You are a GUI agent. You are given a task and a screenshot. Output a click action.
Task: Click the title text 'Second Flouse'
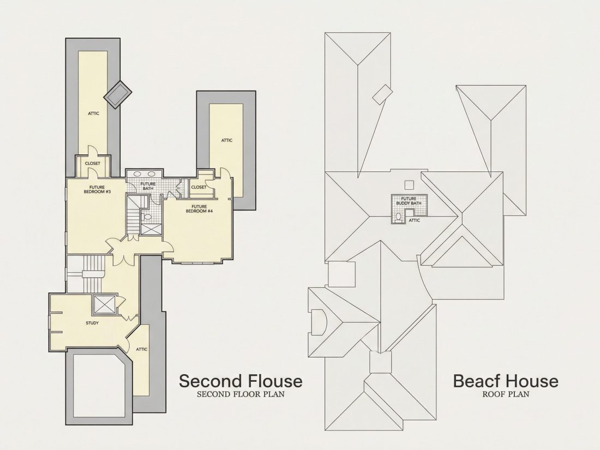click(x=241, y=381)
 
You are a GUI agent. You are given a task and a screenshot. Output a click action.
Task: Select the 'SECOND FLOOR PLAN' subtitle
click(x=241, y=394)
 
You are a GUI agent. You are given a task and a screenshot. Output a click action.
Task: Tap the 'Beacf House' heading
click(x=506, y=381)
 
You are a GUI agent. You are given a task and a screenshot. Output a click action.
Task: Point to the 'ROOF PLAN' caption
click(x=506, y=394)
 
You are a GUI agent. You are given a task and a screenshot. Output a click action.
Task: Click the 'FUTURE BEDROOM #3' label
click(x=97, y=189)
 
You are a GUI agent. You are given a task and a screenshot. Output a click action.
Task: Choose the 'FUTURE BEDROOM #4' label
click(x=199, y=208)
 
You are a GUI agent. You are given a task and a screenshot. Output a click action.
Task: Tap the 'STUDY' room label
click(x=92, y=323)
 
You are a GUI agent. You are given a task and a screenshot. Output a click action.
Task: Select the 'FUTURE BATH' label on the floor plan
click(x=148, y=186)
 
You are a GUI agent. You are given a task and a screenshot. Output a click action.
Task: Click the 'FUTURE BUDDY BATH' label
click(x=409, y=201)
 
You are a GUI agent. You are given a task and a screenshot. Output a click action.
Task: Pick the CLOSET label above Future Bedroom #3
click(x=93, y=164)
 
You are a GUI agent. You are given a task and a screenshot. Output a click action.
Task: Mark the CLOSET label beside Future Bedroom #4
click(x=199, y=187)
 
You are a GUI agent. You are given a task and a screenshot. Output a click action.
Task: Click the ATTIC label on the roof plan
click(x=415, y=220)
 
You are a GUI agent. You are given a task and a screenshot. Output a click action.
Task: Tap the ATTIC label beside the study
click(x=142, y=349)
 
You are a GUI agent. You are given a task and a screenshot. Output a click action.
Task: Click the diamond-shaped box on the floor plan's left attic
click(x=118, y=94)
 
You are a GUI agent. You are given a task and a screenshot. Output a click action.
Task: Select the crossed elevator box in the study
click(x=104, y=304)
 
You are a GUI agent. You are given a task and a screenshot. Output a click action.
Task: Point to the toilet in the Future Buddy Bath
click(x=398, y=217)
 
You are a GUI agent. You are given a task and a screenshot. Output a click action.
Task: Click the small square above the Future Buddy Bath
click(x=409, y=184)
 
